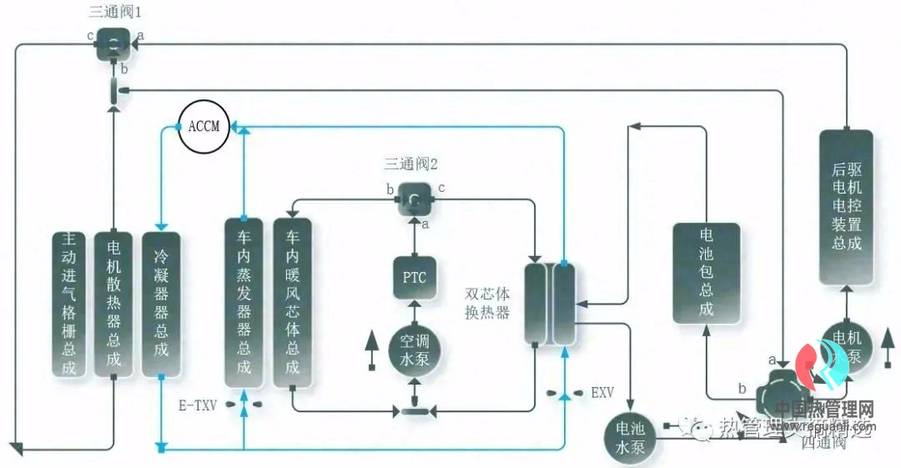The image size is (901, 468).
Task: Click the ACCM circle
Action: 204,128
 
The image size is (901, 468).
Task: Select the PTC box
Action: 414,278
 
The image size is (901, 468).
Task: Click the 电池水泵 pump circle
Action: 631,436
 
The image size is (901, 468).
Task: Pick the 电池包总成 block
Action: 706,272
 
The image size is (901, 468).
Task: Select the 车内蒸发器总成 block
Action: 244,302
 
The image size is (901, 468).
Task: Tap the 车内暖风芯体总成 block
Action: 292,302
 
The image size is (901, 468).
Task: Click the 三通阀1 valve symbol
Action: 112,43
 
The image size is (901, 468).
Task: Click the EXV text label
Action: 602,391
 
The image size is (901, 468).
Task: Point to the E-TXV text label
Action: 198,405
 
